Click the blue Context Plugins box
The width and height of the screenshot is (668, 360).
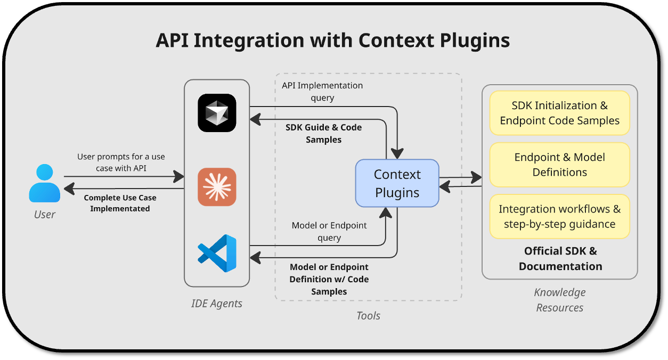pyautogui.click(x=397, y=183)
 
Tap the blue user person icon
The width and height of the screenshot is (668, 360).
pyautogui.click(x=45, y=183)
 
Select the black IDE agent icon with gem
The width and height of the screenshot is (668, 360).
pyautogui.click(x=217, y=113)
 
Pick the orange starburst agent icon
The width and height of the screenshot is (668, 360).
pyautogui.click(x=217, y=187)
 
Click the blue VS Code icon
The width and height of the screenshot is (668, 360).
pyautogui.click(x=217, y=253)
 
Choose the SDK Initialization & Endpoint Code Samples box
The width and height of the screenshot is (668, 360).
pyautogui.click(x=559, y=113)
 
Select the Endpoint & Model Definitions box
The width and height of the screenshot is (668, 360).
pyautogui.click(x=559, y=165)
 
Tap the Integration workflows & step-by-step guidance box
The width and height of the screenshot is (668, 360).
pyautogui.click(x=559, y=216)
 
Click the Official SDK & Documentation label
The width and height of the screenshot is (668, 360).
pyautogui.click(x=560, y=258)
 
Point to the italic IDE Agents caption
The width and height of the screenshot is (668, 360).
pyautogui.click(x=217, y=304)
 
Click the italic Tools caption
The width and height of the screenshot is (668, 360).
pyautogui.click(x=368, y=316)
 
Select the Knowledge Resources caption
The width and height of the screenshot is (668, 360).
pyautogui.click(x=559, y=300)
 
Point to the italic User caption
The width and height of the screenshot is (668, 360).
pyautogui.click(x=45, y=215)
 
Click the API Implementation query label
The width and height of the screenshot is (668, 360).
pyautogui.click(x=322, y=91)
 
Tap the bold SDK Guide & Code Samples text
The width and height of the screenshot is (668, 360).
pyautogui.click(x=323, y=133)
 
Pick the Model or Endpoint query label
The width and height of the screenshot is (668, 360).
pyautogui.click(x=329, y=232)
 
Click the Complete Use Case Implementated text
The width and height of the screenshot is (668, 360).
pyautogui.click(x=120, y=203)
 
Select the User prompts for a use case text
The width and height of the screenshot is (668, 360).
pyautogui.click(x=121, y=162)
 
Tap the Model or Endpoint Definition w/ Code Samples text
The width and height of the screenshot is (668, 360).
pyautogui.click(x=329, y=279)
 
